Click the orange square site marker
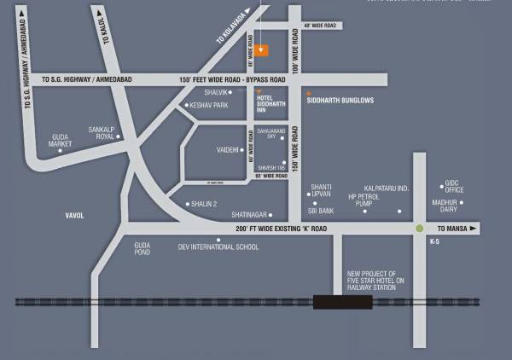click(x=263, y=49)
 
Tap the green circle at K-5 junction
click(x=420, y=229)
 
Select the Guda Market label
click(x=61, y=141)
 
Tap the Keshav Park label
click(x=211, y=106)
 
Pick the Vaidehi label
click(x=229, y=149)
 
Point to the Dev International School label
click(x=218, y=247)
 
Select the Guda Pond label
click(x=143, y=249)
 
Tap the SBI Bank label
click(x=320, y=210)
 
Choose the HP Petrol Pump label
click(x=362, y=200)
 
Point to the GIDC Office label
click(x=453, y=186)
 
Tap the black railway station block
click(x=337, y=301)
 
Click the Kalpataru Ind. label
click(x=387, y=188)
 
